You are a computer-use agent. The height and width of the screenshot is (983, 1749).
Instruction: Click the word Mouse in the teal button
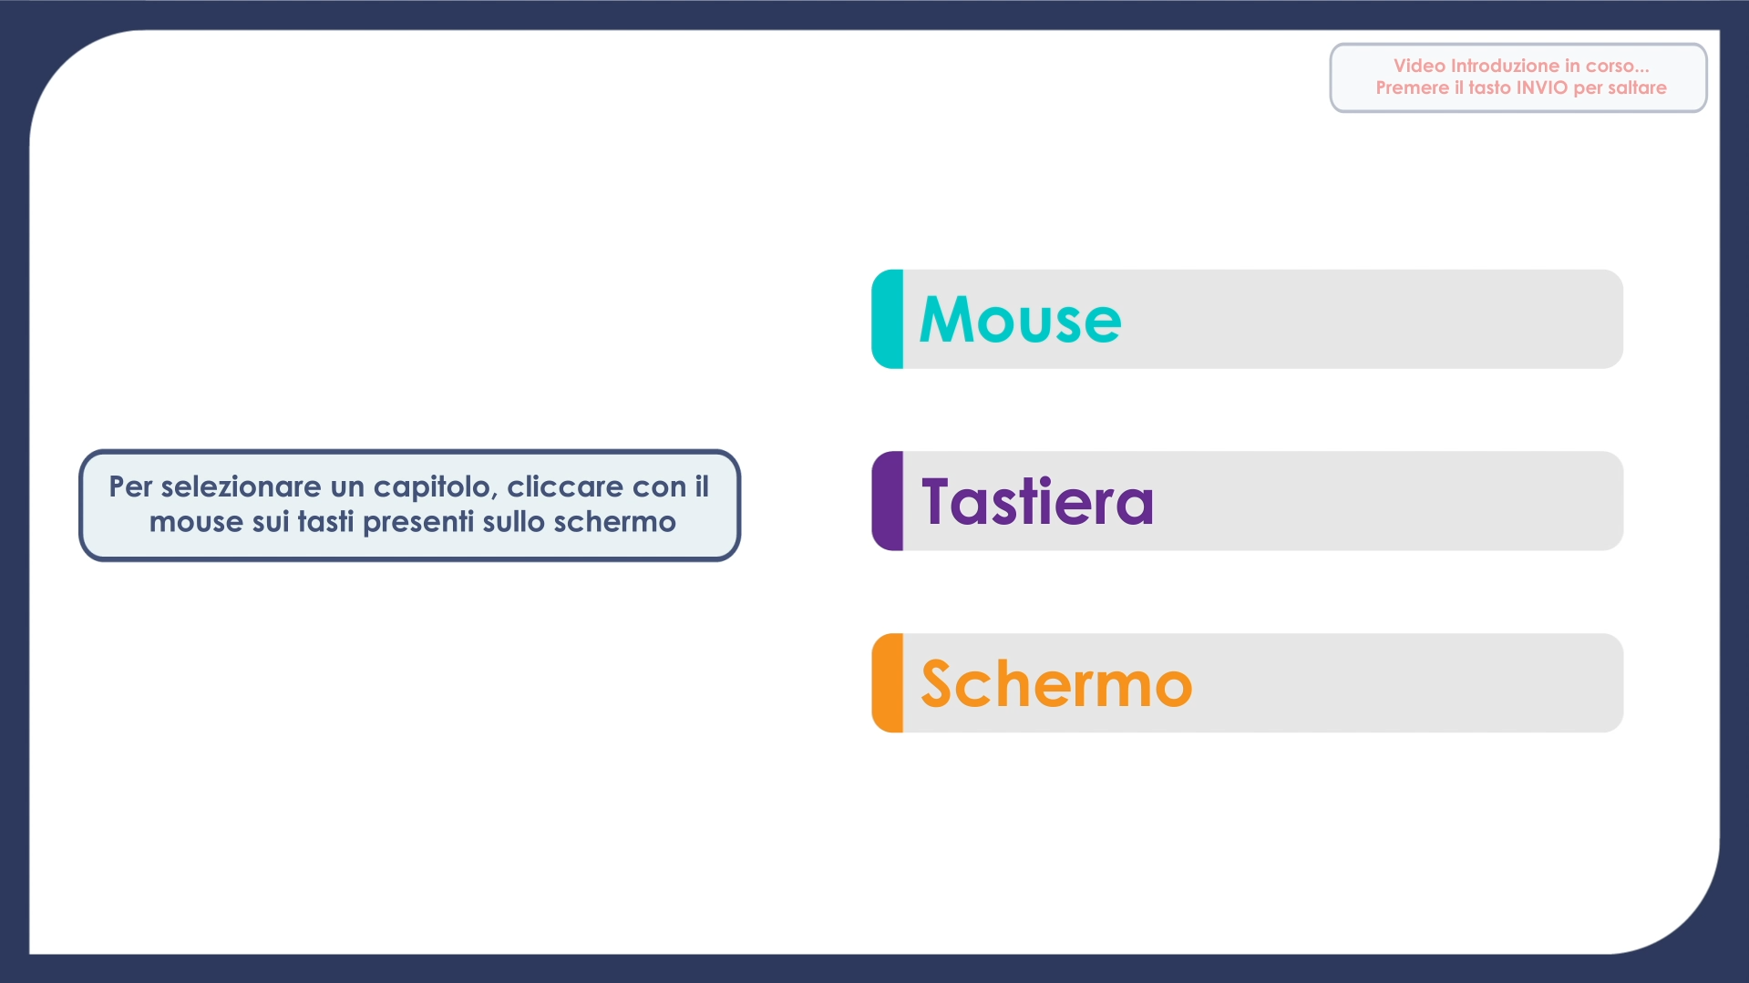coord(1021,320)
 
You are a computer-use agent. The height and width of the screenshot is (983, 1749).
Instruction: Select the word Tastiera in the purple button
coord(1037,502)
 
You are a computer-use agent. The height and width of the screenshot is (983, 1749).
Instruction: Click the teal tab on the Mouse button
coord(888,319)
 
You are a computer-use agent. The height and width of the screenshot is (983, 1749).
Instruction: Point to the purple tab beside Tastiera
coord(888,501)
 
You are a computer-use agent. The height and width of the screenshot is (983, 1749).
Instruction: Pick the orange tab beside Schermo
coord(888,683)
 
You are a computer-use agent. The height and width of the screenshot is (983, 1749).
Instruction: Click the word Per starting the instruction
coord(131,486)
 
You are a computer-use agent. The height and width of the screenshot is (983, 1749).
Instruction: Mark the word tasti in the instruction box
coord(325,522)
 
